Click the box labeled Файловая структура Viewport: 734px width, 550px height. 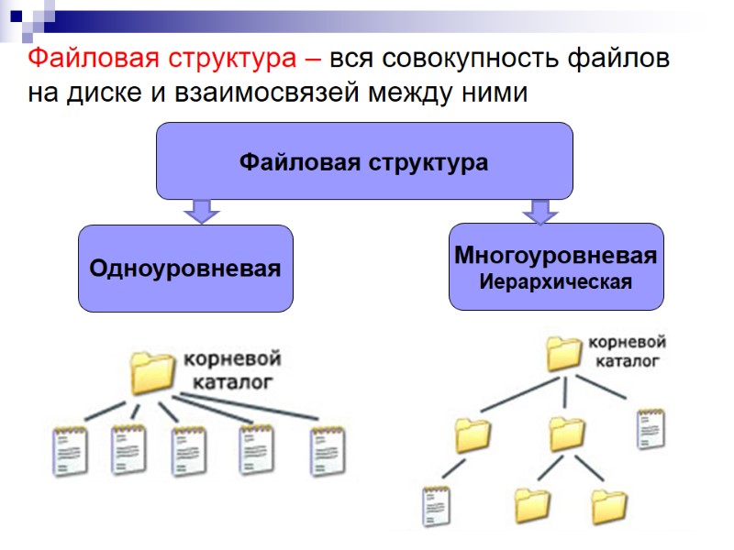click(x=364, y=162)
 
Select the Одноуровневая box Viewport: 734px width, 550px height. click(x=185, y=269)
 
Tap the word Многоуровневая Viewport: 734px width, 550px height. click(x=555, y=256)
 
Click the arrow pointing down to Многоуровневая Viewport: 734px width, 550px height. click(x=539, y=212)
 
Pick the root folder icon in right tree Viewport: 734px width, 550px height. click(x=564, y=354)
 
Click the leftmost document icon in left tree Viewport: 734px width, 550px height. click(x=70, y=449)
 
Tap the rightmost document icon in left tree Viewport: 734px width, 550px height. click(x=326, y=449)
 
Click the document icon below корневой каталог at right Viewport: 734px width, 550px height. click(x=651, y=428)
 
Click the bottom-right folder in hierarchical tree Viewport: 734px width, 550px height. click(x=608, y=505)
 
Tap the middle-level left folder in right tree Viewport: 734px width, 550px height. click(x=473, y=434)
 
